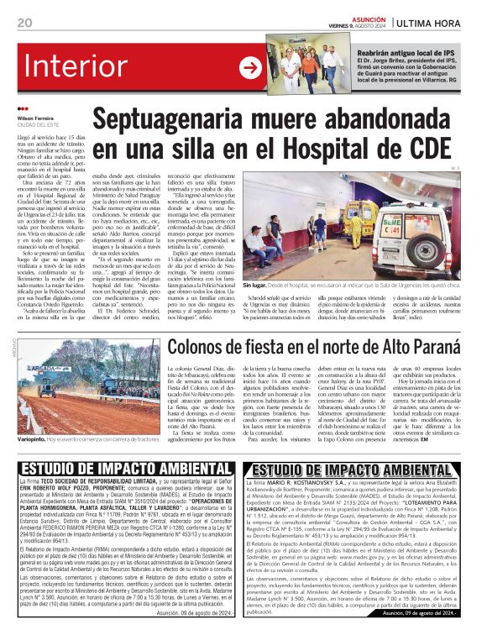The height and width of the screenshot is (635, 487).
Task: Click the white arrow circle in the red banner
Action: click(x=250, y=68)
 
